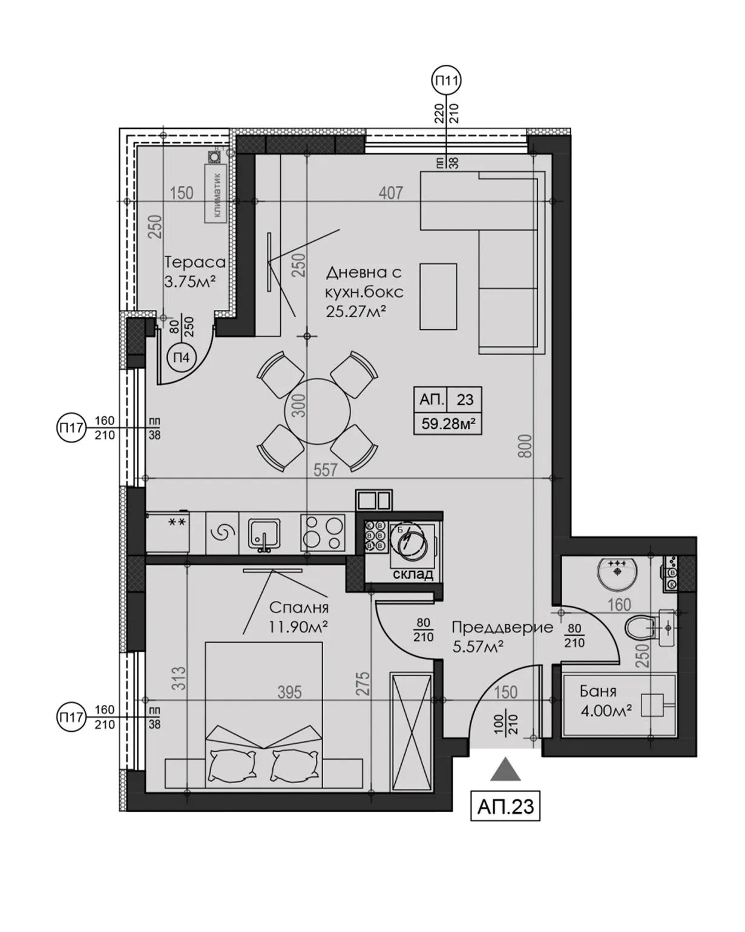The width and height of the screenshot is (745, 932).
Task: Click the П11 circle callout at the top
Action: coord(447,80)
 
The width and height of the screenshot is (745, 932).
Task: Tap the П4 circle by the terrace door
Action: coord(182,358)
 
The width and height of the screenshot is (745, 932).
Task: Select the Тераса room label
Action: coord(195,263)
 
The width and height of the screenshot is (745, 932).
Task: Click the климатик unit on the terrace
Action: coord(215,192)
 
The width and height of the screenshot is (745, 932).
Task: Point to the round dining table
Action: coord(317,411)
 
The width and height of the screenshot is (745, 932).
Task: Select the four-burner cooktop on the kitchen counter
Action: coord(323,532)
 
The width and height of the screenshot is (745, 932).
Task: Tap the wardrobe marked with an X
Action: coord(412,732)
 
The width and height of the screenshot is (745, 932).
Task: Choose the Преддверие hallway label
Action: coord(502,628)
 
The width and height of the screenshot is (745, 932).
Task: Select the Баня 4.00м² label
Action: coord(605,701)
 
